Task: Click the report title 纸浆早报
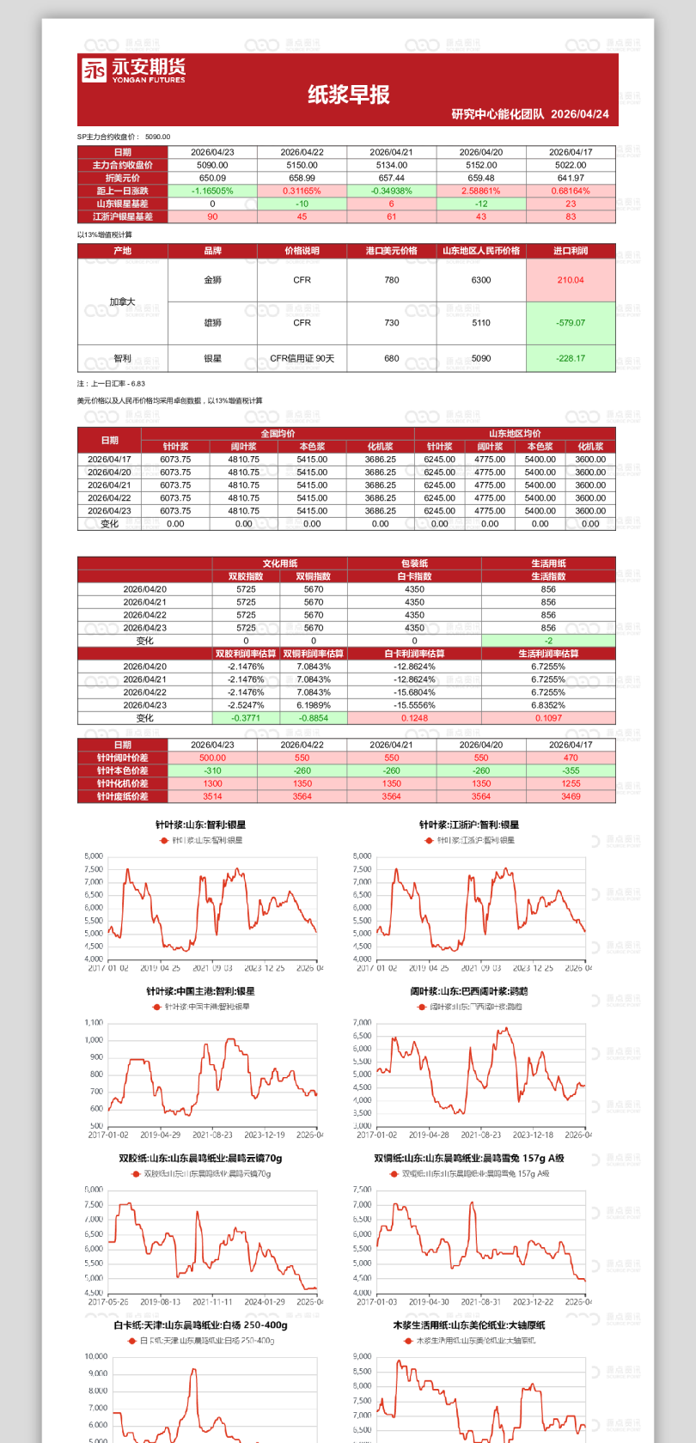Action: (x=348, y=94)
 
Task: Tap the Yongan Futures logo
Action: (x=133, y=70)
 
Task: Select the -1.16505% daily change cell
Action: (x=212, y=191)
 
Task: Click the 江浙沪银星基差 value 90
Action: (x=212, y=216)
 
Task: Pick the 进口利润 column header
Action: (x=571, y=251)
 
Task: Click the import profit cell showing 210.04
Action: (x=571, y=280)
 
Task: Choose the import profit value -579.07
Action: (x=571, y=323)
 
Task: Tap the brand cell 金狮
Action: (x=212, y=280)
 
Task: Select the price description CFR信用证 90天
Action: (x=302, y=358)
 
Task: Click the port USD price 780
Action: (x=392, y=280)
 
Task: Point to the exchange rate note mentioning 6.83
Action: (x=112, y=384)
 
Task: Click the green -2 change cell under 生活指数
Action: (x=548, y=641)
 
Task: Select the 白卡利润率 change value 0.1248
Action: (x=414, y=718)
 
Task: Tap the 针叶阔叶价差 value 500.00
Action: (x=212, y=758)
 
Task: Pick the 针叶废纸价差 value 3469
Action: (x=571, y=796)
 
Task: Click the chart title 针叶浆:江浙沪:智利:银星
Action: (x=469, y=825)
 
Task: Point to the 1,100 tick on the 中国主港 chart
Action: (x=94, y=1023)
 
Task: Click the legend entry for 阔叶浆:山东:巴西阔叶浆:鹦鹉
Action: (x=469, y=1006)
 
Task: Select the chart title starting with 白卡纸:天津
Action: (x=200, y=1325)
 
